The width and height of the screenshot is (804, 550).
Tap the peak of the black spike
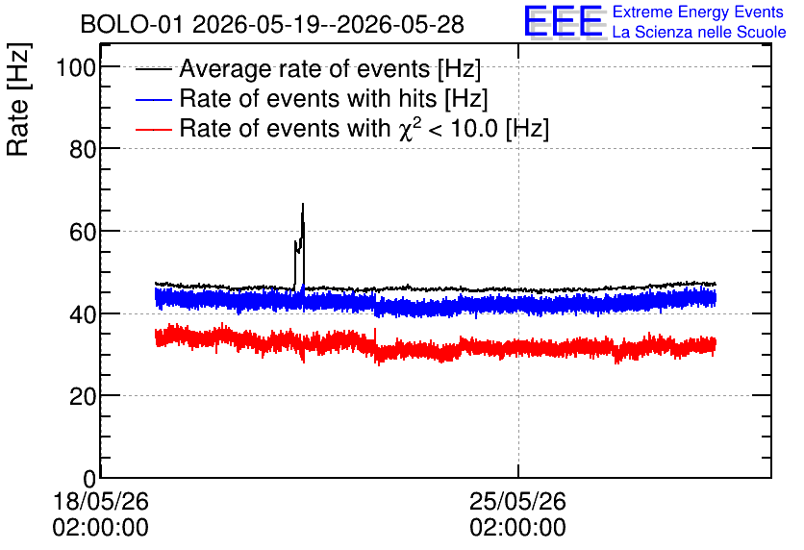point(303,204)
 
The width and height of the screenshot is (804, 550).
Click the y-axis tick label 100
point(76,67)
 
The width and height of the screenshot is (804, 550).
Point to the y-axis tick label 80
point(83,149)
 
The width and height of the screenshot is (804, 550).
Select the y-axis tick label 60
point(83,232)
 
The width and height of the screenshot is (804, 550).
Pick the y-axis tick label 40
point(83,314)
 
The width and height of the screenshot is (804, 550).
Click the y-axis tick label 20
point(83,396)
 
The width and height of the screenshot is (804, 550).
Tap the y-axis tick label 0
point(89,479)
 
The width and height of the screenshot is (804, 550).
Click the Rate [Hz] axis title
point(18,100)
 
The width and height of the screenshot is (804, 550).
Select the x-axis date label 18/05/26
point(100,501)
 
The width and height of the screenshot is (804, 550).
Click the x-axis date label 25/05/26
point(517,501)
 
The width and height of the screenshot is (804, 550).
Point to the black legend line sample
point(153,69)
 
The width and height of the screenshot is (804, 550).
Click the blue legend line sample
point(153,99)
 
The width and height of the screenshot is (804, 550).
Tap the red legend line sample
point(153,129)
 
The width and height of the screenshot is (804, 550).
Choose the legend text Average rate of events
point(305,68)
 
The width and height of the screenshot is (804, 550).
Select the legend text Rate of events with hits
point(308,98)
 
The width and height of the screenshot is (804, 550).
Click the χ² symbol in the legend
point(410,128)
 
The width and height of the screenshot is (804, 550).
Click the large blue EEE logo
point(564,21)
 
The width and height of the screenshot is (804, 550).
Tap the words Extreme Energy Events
point(698,12)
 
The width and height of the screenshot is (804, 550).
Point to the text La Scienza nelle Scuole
point(699,32)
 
